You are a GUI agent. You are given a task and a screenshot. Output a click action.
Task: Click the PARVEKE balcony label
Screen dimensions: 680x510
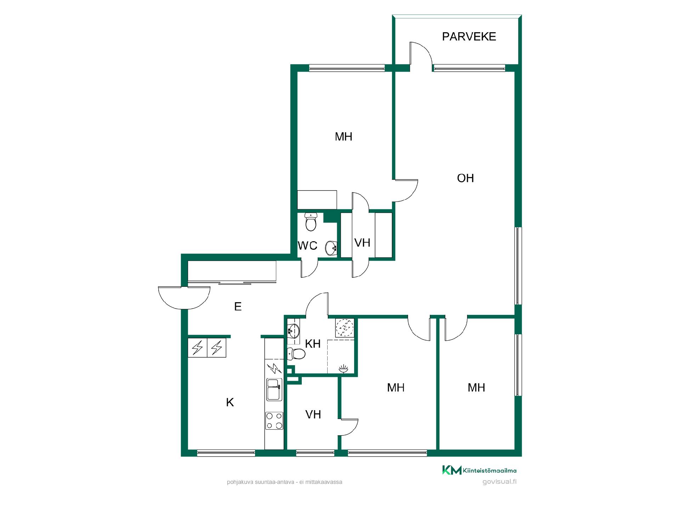pos(469,36)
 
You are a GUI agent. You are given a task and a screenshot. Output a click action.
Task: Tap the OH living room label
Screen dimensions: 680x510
pos(465,178)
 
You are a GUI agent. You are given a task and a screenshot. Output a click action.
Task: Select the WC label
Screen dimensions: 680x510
pos(307,245)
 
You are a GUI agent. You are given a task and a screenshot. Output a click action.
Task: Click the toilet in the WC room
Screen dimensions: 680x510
pos(311,222)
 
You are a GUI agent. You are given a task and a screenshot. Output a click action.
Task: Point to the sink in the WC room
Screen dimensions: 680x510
pos(331,248)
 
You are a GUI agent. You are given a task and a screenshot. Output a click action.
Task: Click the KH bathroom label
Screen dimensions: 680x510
pos(313,344)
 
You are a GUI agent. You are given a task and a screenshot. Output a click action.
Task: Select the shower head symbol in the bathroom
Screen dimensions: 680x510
pos(344,369)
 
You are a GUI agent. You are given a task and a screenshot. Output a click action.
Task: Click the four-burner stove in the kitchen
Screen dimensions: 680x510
pos(274,421)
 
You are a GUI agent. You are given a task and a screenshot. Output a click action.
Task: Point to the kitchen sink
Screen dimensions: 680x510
pos(274,389)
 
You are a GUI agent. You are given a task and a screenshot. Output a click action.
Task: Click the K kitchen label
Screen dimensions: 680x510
pos(230,402)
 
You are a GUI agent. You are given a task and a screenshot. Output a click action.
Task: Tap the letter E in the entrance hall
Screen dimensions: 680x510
pos(238,306)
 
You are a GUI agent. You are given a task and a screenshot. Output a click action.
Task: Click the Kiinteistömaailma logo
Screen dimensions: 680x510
pos(479,470)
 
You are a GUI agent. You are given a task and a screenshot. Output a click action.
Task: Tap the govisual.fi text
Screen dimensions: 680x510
pos(499,482)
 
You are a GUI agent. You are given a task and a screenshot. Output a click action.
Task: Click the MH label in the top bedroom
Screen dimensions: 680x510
pos(344,137)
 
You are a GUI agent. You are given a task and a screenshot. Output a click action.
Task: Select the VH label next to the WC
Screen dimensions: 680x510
pos(362,243)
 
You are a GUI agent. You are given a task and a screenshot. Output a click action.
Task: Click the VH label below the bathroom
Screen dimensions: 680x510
pos(313,414)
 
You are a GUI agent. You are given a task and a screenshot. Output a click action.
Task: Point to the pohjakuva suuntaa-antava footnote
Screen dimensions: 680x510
pos(284,482)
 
